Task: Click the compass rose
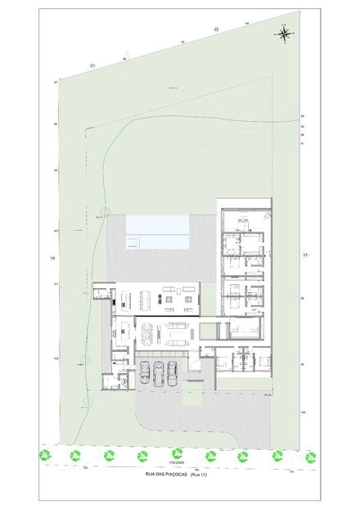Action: point(285,34)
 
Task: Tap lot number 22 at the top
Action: point(216,29)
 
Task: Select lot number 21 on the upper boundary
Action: point(93,65)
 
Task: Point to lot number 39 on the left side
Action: point(52,258)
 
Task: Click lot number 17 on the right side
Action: point(305,256)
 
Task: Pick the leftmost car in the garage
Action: point(144,372)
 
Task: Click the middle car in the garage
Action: point(159,372)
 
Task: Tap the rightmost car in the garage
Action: point(173,372)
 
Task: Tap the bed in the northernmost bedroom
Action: point(243,220)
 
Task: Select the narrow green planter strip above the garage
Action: point(163,353)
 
